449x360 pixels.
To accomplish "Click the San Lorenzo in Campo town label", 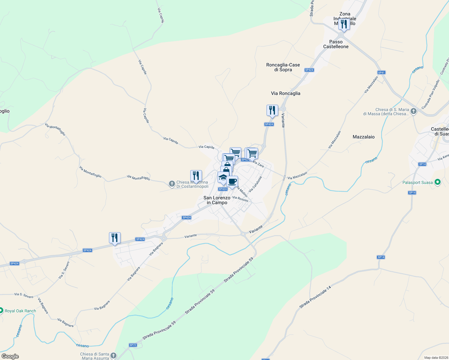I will [217, 200].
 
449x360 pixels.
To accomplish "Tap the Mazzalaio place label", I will [363, 137].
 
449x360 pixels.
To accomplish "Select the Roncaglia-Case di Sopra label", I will [283, 67].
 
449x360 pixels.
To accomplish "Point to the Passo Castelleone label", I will [336, 44].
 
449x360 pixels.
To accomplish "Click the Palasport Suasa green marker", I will [438, 182].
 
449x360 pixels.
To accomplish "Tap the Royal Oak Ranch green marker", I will [1, 310].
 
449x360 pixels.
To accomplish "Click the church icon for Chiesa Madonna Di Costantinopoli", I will [172, 184].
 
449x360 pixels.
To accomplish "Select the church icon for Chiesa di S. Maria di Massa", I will [414, 111].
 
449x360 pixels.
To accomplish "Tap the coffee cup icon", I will [232, 181].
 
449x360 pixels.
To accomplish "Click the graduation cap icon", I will [223, 177].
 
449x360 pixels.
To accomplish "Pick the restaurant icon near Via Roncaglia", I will [272, 110].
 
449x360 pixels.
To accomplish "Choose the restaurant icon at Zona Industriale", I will [344, 24].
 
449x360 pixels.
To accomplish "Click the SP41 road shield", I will [381, 73].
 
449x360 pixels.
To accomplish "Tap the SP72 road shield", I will [133, 345].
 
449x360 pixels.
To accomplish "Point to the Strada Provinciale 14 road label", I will [315, 297].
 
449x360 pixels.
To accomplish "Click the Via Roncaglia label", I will [285, 93].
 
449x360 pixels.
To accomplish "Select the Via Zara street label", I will [258, 164].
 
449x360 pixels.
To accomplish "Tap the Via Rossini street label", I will [240, 199].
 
